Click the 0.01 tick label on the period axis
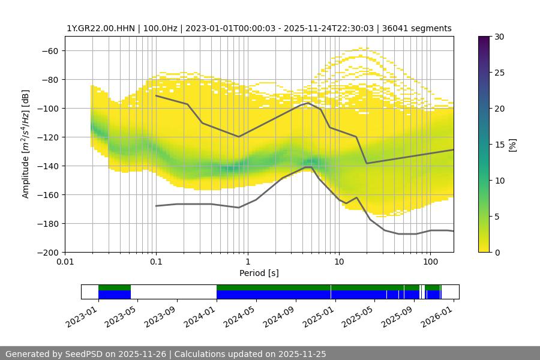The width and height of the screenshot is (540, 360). (65, 262)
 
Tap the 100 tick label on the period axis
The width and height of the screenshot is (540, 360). (430, 262)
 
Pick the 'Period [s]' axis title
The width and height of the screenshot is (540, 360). (259, 273)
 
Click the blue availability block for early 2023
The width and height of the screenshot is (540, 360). (114, 295)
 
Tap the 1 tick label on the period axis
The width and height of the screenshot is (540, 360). (247, 262)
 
